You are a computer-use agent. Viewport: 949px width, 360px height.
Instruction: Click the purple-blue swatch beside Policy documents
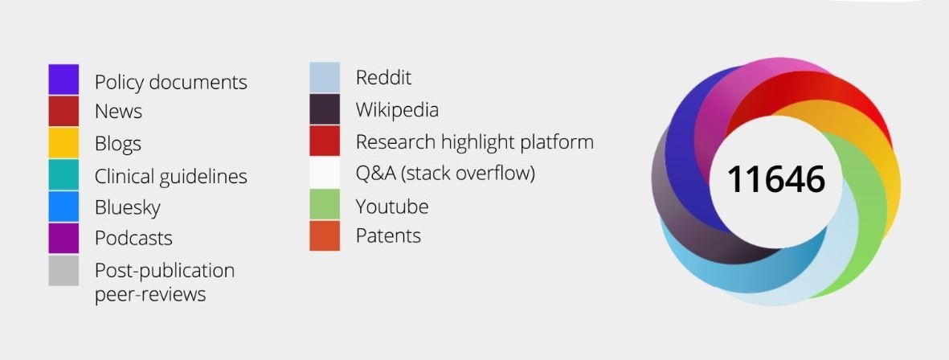tap(63, 80)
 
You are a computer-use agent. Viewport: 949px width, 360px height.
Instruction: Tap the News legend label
tap(119, 112)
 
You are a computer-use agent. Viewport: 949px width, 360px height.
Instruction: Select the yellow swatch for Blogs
tap(63, 143)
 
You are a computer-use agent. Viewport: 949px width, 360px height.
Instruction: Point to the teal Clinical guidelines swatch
tap(63, 175)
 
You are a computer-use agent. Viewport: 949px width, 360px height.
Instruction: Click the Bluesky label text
tap(128, 207)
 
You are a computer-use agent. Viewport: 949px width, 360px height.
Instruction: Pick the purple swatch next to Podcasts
tap(63, 239)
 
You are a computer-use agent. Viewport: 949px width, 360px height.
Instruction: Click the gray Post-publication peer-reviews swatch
tap(63, 271)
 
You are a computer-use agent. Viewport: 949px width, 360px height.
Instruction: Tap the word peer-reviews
tap(150, 295)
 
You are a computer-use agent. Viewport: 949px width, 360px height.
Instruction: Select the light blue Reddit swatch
tap(325, 77)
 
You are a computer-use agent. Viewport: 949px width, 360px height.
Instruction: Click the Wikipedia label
tap(397, 110)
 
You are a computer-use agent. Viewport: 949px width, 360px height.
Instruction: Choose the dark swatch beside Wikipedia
tap(325, 109)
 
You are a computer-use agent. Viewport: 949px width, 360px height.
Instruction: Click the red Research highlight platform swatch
tap(325, 141)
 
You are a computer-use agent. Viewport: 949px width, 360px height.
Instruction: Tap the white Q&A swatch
tap(325, 173)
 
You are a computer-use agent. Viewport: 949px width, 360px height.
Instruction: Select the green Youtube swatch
tap(325, 204)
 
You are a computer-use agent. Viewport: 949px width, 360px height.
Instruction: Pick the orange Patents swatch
tap(325, 235)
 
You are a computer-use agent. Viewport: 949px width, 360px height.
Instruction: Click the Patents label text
tap(388, 235)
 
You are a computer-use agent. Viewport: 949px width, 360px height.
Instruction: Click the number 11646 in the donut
tap(776, 180)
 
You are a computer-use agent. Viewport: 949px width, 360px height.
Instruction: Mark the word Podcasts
tap(133, 239)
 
